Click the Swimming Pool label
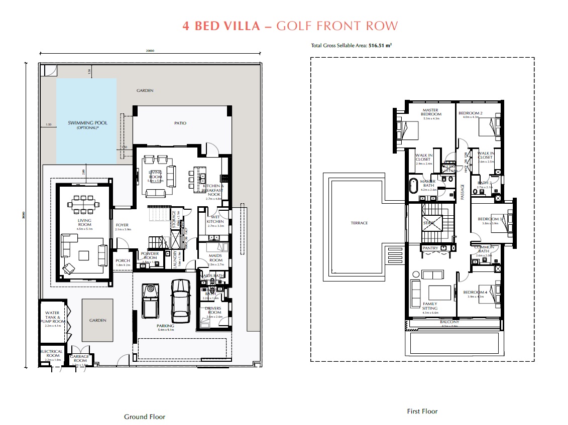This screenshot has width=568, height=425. click(x=88, y=123)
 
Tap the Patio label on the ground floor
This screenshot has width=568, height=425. click(x=180, y=123)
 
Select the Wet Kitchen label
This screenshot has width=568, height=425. click(x=215, y=219)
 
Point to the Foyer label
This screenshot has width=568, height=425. click(x=122, y=225)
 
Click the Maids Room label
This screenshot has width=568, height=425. click(x=215, y=258)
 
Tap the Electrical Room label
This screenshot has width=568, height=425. click(x=52, y=354)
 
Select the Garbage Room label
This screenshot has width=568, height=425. click(x=80, y=358)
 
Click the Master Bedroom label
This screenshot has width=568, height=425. click(x=431, y=112)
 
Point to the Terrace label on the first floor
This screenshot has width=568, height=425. click(x=360, y=223)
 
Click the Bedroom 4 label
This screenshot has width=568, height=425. click(x=475, y=293)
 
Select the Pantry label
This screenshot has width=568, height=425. click(x=430, y=248)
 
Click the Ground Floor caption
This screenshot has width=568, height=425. click(x=145, y=416)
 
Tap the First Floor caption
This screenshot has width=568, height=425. click(x=422, y=411)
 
